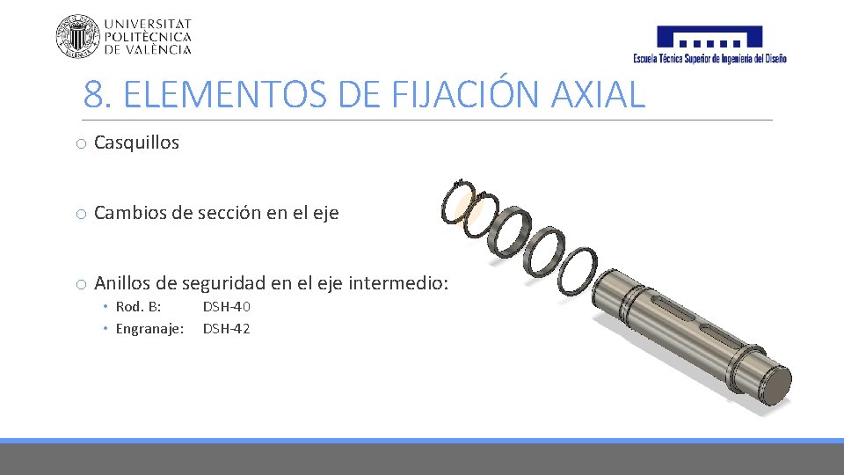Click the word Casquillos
136,142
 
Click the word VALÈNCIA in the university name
159,50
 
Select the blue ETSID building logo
709,37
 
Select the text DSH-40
227,307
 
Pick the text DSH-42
227,329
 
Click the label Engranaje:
150,329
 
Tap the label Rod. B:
138,307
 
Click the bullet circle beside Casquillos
80,143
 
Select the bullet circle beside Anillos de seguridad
80,284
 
